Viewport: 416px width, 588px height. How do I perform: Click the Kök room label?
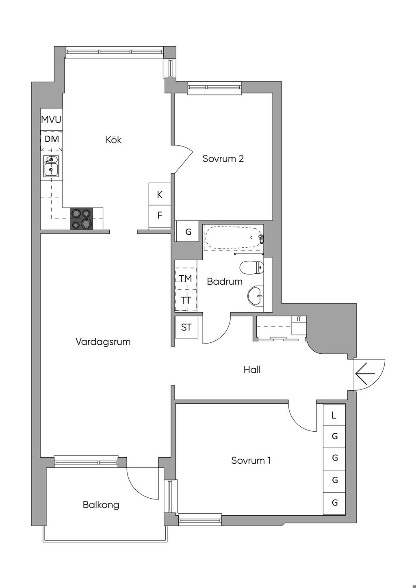pos(114,140)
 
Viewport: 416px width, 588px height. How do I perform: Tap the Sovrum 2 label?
pos(223,158)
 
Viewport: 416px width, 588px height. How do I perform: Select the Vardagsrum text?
pos(103,342)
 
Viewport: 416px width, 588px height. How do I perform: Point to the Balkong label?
pos(101,505)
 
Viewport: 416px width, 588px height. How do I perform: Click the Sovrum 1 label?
pos(251,460)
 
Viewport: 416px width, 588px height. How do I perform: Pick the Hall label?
pos(252,370)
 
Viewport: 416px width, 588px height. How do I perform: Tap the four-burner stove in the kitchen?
pos(81,218)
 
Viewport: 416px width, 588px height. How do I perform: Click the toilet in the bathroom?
pos(251,268)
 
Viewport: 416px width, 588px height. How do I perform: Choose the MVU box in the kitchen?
pos(51,120)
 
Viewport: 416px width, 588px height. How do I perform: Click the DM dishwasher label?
pos(52,139)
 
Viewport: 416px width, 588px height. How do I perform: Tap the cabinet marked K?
pos(160,195)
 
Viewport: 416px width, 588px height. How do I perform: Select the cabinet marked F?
pos(160,215)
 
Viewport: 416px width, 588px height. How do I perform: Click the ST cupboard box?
pos(186,327)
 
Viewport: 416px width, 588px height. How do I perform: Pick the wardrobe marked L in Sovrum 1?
pos(334,415)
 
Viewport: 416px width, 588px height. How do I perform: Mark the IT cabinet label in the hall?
pos(299,319)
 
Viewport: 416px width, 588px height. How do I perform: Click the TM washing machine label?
pos(186,279)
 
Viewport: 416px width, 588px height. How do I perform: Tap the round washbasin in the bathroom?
pos(256,295)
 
